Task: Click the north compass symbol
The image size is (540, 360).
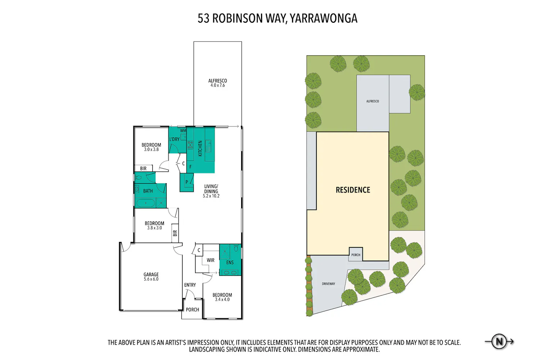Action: coord(499,341)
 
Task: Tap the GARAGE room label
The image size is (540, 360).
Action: coord(151,274)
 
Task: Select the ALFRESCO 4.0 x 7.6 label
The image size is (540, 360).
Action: coord(217,83)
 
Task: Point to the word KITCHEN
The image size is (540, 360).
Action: coord(200,149)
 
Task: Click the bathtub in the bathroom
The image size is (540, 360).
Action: coord(146,203)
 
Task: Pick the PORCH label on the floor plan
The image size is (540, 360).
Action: coord(192,310)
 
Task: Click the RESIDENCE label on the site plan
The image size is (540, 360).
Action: coord(353,190)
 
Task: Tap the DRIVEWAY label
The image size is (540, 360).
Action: coord(328,284)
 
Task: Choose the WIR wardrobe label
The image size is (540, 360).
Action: coord(211,260)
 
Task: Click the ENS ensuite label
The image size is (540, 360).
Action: coord(230,262)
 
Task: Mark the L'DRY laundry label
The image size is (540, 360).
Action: coord(174,139)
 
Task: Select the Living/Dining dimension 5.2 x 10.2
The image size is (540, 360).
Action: coord(211,196)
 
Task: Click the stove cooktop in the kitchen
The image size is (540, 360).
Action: coord(190,145)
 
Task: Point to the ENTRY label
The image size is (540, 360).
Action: coord(190,285)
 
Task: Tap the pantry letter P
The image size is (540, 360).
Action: coord(186,182)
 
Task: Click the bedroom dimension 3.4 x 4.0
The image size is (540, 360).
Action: coord(222,300)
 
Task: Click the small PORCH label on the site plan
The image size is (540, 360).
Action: coord(356,255)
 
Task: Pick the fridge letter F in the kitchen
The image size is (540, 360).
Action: coord(190,167)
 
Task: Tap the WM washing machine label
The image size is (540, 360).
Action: coord(183,131)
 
